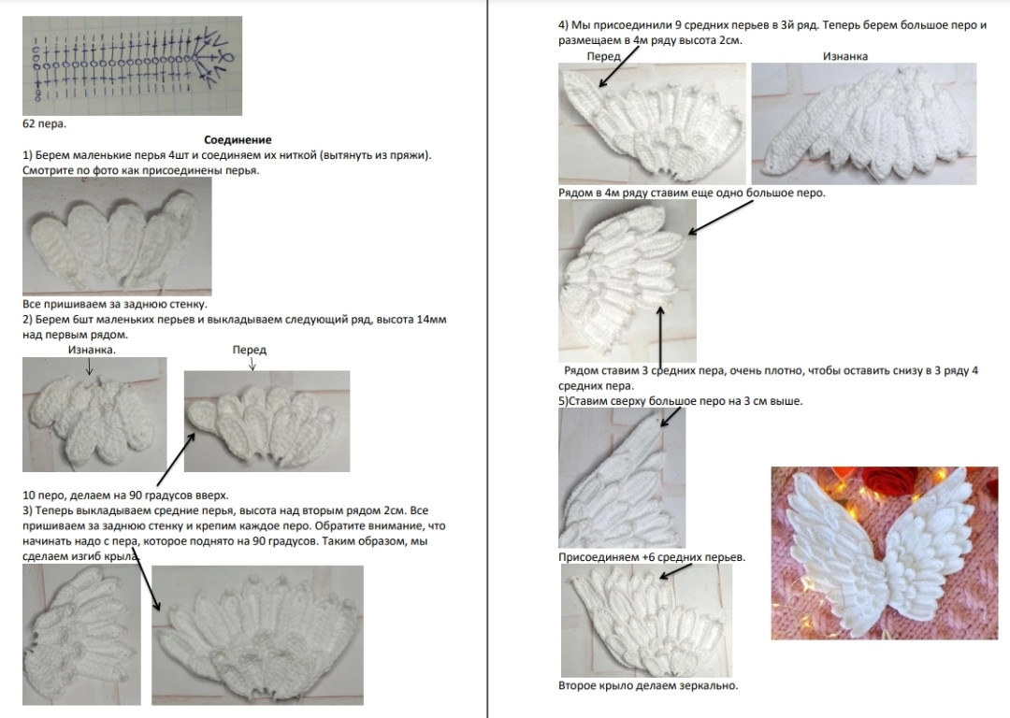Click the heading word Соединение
(x=238, y=139)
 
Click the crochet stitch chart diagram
(x=132, y=65)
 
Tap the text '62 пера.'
(x=45, y=123)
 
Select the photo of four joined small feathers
(x=117, y=237)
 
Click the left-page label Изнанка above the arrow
(x=92, y=350)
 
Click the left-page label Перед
(x=250, y=350)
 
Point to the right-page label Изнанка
(x=845, y=56)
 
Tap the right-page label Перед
(x=603, y=56)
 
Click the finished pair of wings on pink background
(x=885, y=553)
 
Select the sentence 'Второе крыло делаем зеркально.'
(x=648, y=686)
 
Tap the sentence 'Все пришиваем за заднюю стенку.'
(x=115, y=304)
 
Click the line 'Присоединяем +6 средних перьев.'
(x=652, y=557)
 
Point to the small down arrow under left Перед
(x=252, y=364)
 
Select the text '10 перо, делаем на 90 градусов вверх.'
(x=125, y=495)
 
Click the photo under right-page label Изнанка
(x=864, y=123)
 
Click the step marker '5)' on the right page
(x=564, y=401)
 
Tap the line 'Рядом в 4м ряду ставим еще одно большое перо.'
(x=692, y=193)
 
